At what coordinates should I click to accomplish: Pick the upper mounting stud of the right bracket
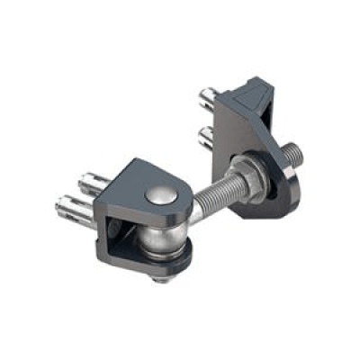[208, 95]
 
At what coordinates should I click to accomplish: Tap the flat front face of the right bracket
[237, 135]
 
